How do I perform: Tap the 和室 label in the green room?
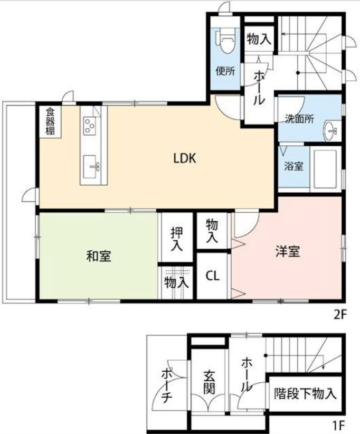pos(99,257)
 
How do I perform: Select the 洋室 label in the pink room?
pos(288,251)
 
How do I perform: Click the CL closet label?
pos(213,276)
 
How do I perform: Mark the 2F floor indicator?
pos(339,315)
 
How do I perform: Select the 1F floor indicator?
pos(339,424)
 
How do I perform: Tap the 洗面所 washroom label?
pos(300,119)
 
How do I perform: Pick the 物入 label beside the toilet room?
pos(259,39)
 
